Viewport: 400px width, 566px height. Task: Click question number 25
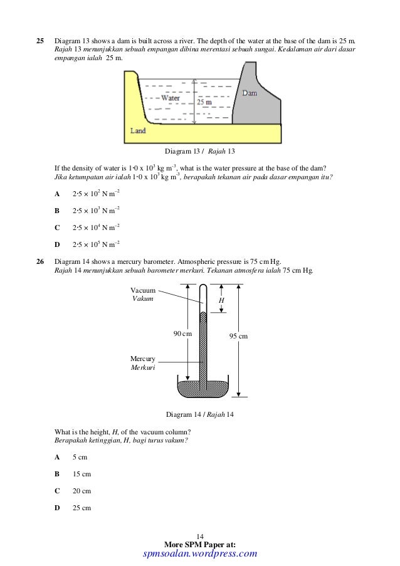pos(39,41)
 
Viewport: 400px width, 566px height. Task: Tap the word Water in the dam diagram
pos(171,98)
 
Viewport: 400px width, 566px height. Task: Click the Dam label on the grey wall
pos(250,93)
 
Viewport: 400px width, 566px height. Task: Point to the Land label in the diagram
pos(138,131)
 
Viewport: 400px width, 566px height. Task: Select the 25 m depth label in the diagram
pos(204,102)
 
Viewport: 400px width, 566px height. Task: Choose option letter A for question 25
pos(57,194)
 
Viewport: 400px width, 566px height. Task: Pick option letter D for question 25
pos(57,244)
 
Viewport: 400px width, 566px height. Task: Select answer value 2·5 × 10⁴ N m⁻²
pos(96,227)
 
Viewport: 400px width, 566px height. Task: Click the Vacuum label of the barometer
pos(142,291)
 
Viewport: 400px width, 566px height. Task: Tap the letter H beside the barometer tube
pos(221,301)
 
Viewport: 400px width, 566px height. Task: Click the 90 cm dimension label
pos(182,333)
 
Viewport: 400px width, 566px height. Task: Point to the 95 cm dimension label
pos(238,337)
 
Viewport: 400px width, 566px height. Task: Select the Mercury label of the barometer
pos(143,359)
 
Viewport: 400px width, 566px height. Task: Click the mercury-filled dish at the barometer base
pos(203,389)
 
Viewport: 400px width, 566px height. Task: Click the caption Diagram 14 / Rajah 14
pos(200,415)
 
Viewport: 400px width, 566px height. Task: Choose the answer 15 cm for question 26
pos(82,474)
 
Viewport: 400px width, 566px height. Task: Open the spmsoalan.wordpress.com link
pos(200,553)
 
